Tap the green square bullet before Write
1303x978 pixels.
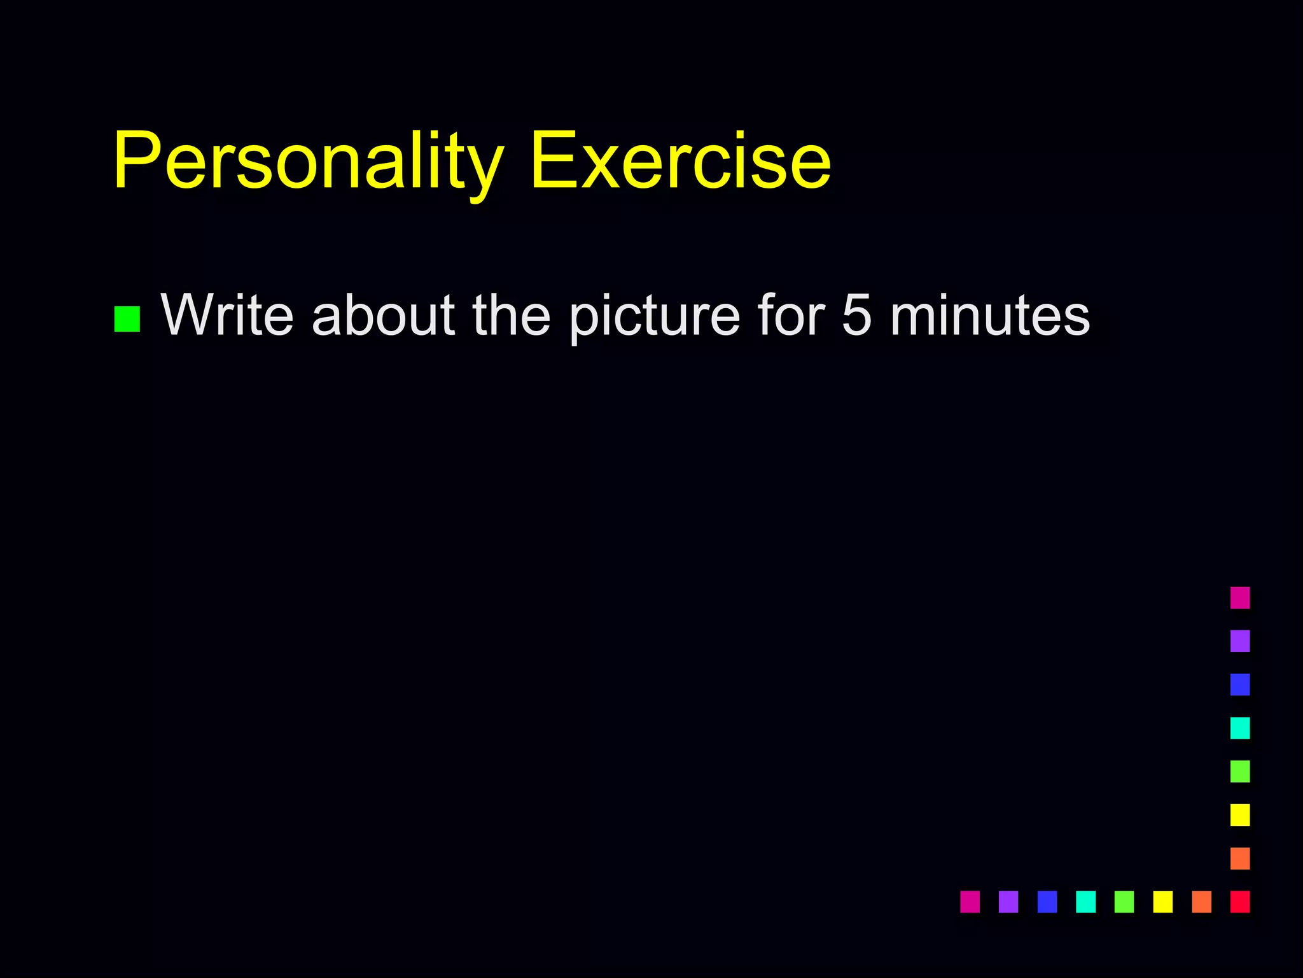coord(127,319)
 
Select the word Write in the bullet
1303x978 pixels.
coord(227,315)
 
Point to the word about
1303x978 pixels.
coord(383,315)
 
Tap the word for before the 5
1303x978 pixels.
coord(791,315)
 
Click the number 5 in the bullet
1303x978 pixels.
coord(856,315)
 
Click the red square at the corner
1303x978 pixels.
coord(1240,902)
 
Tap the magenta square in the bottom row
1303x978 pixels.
coord(970,902)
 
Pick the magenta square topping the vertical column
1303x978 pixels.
coord(1240,598)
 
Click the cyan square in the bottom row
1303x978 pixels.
coord(1085,902)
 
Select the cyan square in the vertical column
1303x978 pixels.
coord(1240,728)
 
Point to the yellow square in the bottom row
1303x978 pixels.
coord(1162,902)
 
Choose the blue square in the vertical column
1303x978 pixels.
coord(1240,684)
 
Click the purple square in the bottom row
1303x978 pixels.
coord(1008,902)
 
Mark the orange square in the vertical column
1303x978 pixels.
coord(1240,858)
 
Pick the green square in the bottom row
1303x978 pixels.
coord(1124,902)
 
